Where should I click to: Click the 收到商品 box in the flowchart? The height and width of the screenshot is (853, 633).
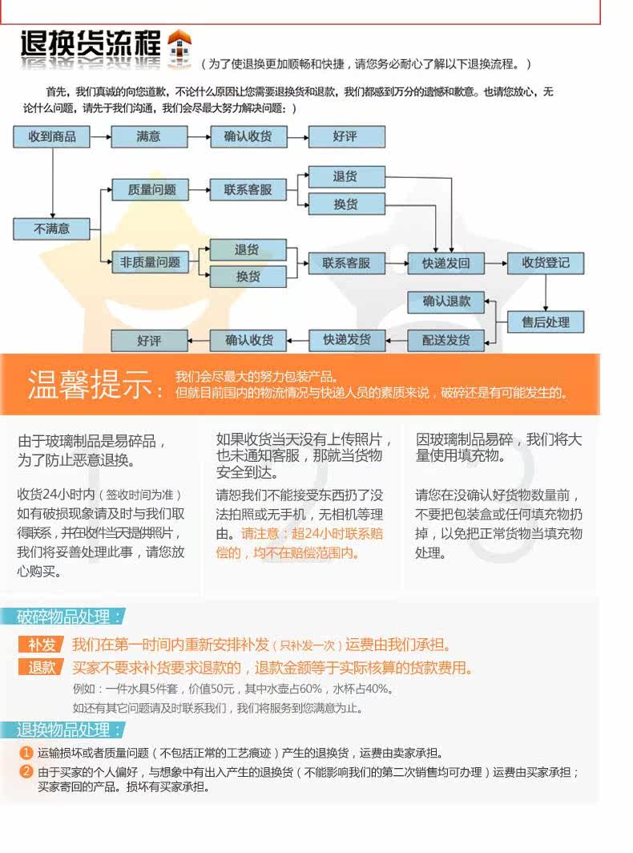[x=52, y=136]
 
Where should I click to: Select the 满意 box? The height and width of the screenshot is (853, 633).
[x=148, y=136]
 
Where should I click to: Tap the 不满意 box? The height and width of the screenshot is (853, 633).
[x=52, y=228]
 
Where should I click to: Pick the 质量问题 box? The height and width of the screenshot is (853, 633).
[x=148, y=190]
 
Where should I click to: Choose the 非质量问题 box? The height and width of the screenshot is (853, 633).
[x=150, y=262]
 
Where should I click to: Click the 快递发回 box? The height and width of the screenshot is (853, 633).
[x=446, y=263]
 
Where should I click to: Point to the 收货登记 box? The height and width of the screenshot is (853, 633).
[x=546, y=262]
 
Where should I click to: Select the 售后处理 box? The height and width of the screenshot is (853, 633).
[x=546, y=322]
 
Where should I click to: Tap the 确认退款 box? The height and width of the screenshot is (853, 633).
[x=446, y=301]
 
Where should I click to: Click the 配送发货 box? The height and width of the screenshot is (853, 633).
[x=446, y=340]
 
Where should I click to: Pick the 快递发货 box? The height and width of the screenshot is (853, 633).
[x=347, y=340]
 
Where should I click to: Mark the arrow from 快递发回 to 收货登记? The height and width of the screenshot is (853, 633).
[x=496, y=263]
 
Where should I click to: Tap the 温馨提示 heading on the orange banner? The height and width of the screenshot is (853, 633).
[x=95, y=385]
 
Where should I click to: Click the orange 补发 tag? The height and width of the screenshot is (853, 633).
[x=42, y=645]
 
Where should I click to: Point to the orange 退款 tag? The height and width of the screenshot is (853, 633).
[x=42, y=668]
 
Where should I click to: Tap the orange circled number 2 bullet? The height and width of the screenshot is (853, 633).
[x=27, y=772]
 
